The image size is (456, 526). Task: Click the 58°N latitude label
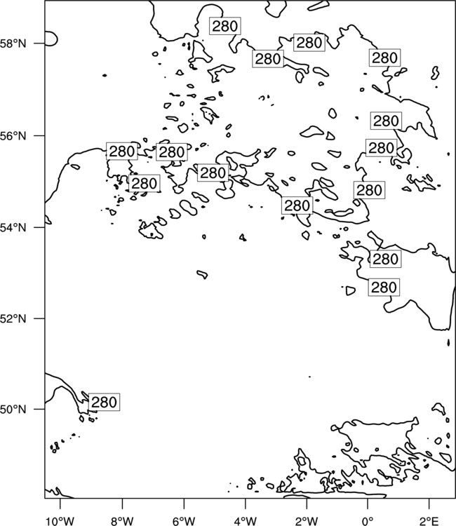[x=13, y=43]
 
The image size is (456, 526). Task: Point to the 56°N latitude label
[x=13, y=136]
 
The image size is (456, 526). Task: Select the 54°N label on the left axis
[x=13, y=228]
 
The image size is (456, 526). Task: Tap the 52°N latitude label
[x=13, y=318]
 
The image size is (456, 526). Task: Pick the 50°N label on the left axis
[x=13, y=410]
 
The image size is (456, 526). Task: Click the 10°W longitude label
[x=60, y=521]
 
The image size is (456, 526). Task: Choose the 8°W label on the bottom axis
[x=122, y=521]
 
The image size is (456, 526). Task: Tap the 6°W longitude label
[x=184, y=521]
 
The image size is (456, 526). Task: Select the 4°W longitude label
[x=245, y=521]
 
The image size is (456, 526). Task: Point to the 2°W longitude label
[x=307, y=521]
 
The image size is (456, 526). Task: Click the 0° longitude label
[x=368, y=521]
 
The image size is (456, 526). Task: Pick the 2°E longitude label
[x=429, y=521]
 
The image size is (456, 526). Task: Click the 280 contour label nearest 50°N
[x=104, y=402]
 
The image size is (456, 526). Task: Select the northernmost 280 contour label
[x=225, y=26]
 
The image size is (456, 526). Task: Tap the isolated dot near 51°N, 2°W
[x=309, y=377]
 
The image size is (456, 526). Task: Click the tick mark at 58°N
[x=39, y=43]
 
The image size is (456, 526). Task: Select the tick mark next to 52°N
[x=39, y=318]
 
